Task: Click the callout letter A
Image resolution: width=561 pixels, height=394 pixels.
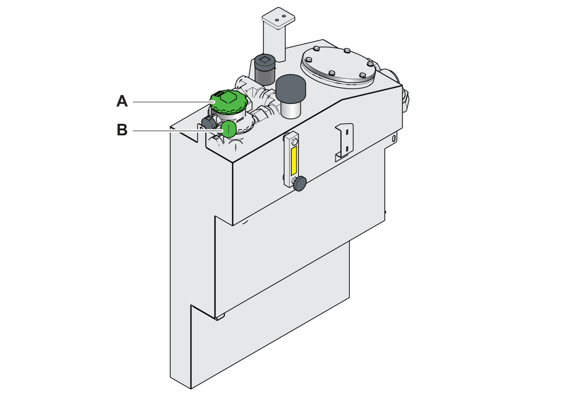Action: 122,101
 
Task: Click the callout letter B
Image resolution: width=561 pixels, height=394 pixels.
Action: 122,130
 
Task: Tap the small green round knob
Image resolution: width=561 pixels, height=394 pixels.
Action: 228,129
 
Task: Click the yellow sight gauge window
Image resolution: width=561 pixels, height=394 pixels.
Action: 294,161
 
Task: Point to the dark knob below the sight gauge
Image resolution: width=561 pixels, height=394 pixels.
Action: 300,184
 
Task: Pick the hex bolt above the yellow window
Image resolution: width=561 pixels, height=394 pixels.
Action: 294,142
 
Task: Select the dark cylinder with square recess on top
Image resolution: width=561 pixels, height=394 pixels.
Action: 265,70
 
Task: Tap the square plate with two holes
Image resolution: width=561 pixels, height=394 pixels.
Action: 278,18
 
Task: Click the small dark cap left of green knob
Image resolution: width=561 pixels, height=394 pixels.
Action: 209,123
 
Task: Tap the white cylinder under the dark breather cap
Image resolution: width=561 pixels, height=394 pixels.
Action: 291,109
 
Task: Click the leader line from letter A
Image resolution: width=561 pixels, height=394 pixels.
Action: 173,102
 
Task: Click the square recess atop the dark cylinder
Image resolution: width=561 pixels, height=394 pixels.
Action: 264,60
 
